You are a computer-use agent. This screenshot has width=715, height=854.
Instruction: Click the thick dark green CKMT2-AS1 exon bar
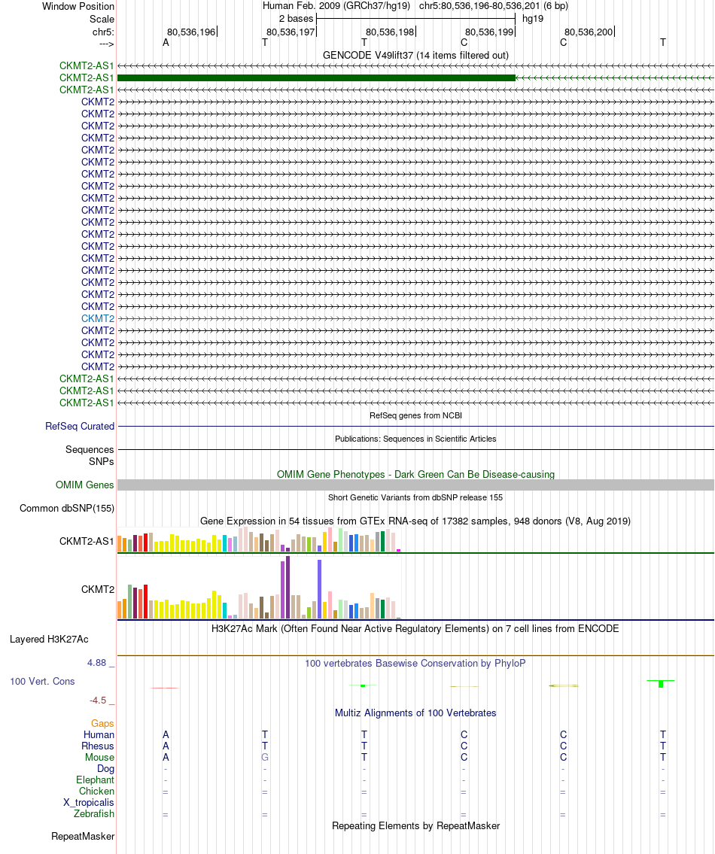point(316,77)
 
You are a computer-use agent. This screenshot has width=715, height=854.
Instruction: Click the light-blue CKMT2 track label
point(98,318)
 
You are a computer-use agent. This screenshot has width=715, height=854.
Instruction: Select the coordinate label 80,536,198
point(390,32)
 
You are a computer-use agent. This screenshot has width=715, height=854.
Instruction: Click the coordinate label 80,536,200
point(589,32)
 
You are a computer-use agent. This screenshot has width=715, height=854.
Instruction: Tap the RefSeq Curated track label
point(80,426)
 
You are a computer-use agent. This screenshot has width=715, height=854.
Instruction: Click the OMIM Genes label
point(85,485)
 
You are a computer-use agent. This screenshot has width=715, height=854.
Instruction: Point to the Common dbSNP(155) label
point(67,508)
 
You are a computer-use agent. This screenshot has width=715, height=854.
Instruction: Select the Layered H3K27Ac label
point(49,640)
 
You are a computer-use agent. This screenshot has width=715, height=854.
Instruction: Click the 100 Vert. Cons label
point(42,681)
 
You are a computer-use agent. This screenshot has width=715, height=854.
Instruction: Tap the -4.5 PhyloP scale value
point(100,701)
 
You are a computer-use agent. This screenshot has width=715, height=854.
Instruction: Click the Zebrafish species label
point(94,814)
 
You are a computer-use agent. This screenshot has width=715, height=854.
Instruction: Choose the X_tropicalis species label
point(89,803)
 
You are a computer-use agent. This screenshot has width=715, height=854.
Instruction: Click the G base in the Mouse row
point(265,758)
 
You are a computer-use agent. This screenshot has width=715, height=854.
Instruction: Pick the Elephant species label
point(95,780)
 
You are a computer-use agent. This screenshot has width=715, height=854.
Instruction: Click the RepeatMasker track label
point(83,836)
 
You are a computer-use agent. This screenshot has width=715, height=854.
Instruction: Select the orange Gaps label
point(102,723)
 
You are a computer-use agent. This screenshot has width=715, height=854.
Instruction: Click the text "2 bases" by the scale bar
point(296,18)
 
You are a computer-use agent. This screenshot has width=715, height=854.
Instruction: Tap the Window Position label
point(78,6)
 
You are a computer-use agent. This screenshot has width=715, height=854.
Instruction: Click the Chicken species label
point(96,792)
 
